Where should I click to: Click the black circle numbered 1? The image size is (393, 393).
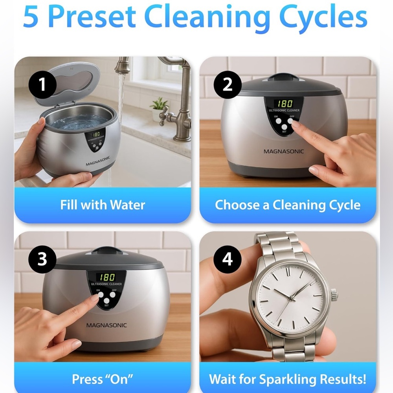pyautogui.click(x=42, y=85)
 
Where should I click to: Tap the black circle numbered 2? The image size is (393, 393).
pyautogui.click(x=227, y=85)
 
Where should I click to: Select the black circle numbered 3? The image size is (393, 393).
pyautogui.click(x=42, y=259)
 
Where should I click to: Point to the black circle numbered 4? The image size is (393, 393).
pyautogui.click(x=227, y=259)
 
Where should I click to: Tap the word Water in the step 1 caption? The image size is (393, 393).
pyautogui.click(x=128, y=205)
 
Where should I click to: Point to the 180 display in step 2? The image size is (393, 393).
pyautogui.click(x=285, y=103)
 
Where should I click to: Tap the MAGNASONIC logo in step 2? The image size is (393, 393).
pyautogui.click(x=283, y=151)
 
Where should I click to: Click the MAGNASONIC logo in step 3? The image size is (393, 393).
pyautogui.click(x=107, y=325)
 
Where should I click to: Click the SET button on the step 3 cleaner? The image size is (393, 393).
pyautogui.click(x=107, y=301)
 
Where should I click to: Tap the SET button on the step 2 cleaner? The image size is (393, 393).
pyautogui.click(x=284, y=127)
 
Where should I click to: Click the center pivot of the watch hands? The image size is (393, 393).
pyautogui.click(x=292, y=298)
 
